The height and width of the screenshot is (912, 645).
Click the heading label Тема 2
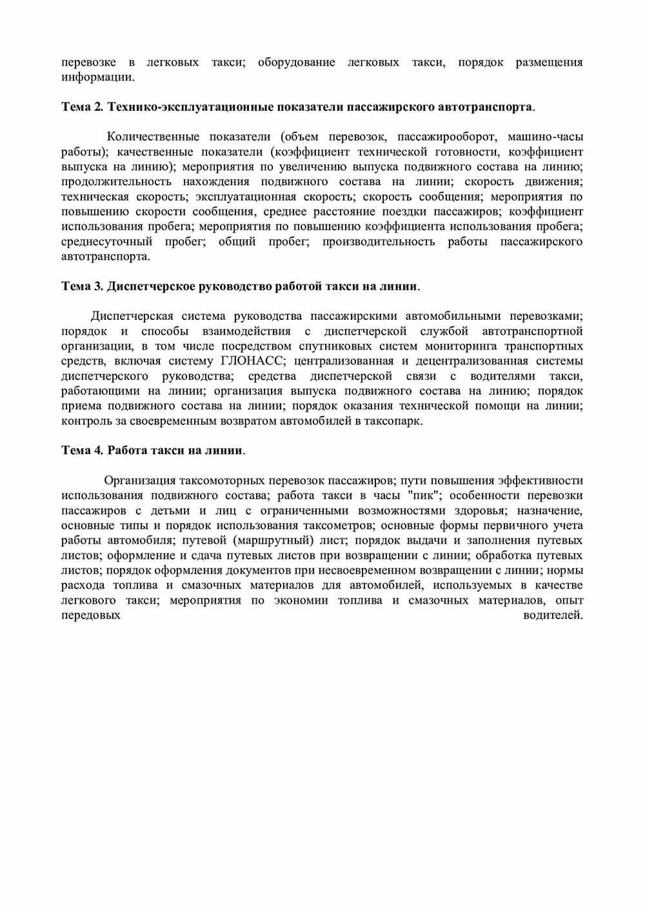[82, 106]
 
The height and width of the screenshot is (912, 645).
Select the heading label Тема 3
[82, 286]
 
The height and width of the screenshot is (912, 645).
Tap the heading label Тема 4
[82, 450]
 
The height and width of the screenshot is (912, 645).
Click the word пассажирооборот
[446, 137]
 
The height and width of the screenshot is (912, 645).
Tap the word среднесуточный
[107, 241]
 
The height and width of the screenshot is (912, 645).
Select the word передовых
[91, 615]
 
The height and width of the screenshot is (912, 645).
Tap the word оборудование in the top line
[296, 63]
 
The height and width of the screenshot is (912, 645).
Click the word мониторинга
[461, 346]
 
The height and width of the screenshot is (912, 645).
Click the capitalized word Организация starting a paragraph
[140, 481]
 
